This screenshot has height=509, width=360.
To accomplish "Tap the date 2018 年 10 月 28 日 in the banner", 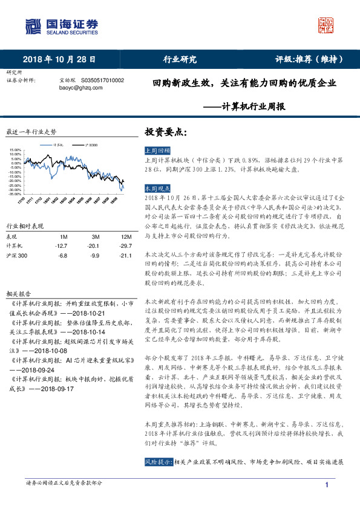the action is (59, 59).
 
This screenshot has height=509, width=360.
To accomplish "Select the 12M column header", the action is (126, 236).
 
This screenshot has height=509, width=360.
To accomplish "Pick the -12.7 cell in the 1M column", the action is (61, 246).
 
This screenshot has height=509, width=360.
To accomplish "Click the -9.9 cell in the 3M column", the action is (94, 256).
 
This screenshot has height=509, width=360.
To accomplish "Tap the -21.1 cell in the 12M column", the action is (126, 256).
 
